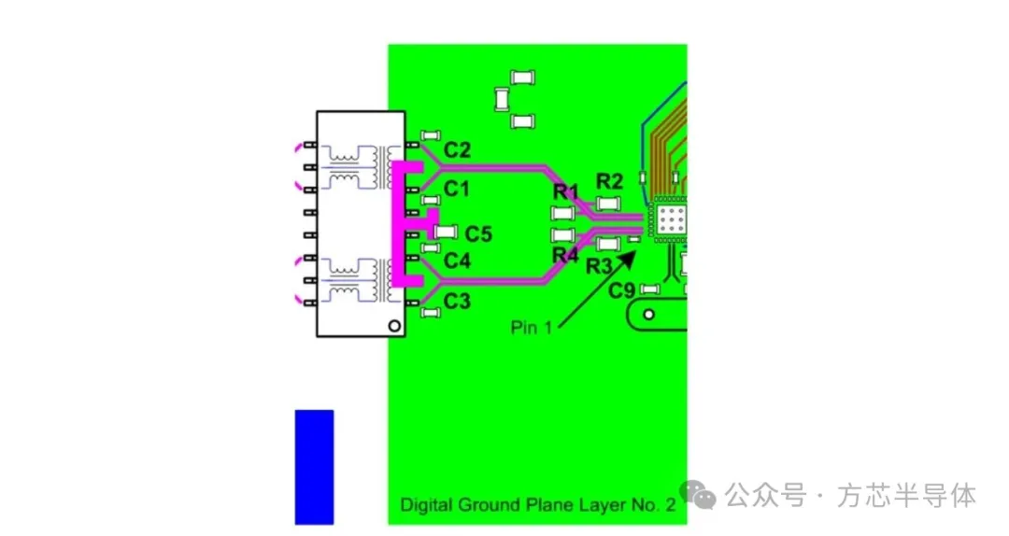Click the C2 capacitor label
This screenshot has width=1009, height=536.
[x=457, y=150]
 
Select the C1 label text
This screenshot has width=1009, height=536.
[x=456, y=190]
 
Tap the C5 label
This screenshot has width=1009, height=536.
[x=478, y=234]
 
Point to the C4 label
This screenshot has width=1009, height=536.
[x=457, y=261]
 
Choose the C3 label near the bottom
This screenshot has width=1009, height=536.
[x=457, y=301]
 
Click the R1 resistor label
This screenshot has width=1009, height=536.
[x=566, y=191]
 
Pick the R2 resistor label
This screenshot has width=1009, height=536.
[x=609, y=181]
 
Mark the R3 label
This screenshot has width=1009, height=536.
[x=599, y=266]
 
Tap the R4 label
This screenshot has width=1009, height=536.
[x=565, y=256]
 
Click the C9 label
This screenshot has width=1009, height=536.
[x=621, y=290]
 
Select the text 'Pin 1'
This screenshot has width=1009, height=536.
[x=532, y=328]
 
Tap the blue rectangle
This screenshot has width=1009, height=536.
[x=314, y=467]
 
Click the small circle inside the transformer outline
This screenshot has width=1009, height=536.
[x=394, y=326]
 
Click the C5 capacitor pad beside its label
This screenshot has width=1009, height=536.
[x=446, y=232]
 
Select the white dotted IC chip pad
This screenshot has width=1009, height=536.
[x=671, y=220]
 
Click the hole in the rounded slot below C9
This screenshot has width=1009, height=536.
[x=648, y=315]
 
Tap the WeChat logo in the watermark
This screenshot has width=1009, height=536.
[x=698, y=495]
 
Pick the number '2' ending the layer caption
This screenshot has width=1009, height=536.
[x=671, y=504]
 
